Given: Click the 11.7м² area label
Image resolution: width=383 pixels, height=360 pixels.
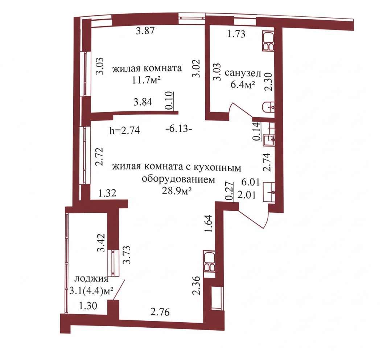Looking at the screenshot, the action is [x=146, y=80].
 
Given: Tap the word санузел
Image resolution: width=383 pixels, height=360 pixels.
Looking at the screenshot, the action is [x=243, y=73].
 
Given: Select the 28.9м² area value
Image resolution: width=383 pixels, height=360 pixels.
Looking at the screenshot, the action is [x=176, y=191].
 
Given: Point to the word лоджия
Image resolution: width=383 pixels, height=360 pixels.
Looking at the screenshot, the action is [x=91, y=279].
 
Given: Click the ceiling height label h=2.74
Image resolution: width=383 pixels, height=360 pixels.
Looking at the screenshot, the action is [x=125, y=130].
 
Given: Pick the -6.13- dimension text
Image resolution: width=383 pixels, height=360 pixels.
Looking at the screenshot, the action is [x=178, y=128].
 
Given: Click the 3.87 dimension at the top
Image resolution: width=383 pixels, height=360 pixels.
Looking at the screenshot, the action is [x=145, y=31].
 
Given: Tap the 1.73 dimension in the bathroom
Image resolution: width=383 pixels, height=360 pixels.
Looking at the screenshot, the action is [x=236, y=34].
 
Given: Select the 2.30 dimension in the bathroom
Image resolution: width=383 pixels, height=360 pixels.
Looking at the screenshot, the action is [x=269, y=82].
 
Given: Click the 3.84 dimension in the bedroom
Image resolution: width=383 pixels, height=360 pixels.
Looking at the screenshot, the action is [x=143, y=102].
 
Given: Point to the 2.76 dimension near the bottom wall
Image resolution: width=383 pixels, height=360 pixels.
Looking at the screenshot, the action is [x=160, y=312].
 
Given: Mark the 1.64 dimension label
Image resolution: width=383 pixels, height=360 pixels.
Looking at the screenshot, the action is [x=209, y=224].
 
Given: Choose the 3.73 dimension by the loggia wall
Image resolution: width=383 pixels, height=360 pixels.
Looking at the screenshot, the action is [x=127, y=255].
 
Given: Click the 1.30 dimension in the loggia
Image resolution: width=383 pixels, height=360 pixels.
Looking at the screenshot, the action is [x=88, y=306].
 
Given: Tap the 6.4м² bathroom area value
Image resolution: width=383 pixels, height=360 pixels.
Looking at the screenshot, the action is [x=243, y=85].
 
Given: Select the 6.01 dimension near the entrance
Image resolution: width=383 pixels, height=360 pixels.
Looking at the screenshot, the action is [x=250, y=182].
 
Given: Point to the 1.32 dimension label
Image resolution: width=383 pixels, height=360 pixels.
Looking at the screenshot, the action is [x=107, y=193].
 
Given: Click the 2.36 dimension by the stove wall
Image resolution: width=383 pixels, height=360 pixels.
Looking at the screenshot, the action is [x=197, y=286].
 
